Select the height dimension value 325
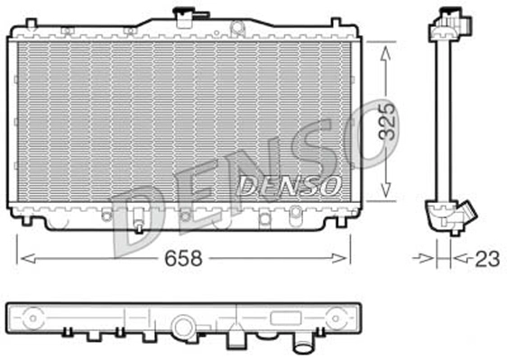387,120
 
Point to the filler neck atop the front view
186,15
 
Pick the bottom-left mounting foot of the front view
31,220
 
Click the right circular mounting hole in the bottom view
339,319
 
